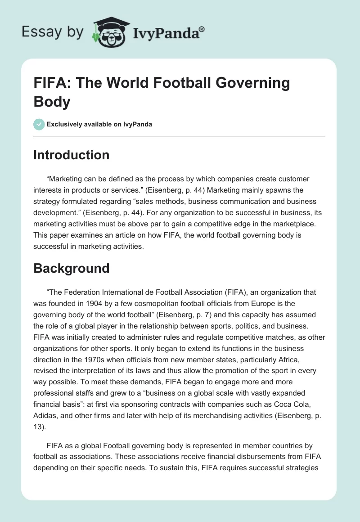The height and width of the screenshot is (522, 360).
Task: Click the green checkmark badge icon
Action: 39,124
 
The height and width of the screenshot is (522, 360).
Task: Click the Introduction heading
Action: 72,155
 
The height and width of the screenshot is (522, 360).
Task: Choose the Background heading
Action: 72,268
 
